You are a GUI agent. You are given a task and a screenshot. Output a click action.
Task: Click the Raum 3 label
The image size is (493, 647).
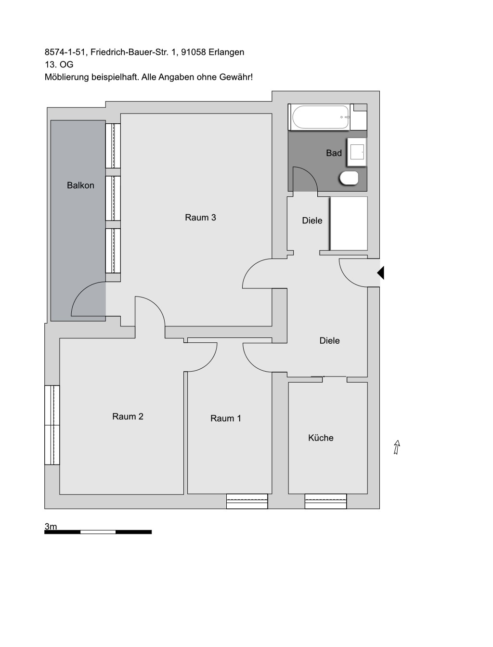(200, 218)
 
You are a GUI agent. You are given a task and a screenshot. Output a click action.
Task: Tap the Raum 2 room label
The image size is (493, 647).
(128, 416)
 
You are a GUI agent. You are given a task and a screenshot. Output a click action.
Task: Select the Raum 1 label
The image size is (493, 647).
(226, 418)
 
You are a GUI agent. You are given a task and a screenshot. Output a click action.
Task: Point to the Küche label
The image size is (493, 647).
(321, 438)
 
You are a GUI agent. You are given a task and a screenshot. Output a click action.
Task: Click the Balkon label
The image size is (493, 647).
(80, 185)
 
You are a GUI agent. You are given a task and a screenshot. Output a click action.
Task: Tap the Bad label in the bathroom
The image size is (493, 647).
(334, 153)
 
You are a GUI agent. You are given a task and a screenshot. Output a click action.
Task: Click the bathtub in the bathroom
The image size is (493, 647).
(320, 117)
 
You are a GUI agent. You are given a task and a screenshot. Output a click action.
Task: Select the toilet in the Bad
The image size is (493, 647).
(349, 178)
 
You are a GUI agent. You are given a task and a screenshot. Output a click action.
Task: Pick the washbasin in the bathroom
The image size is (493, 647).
(357, 152)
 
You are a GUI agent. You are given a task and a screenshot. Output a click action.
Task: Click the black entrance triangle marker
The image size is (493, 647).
(381, 272)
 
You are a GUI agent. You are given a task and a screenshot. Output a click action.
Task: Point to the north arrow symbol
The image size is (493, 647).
(397, 447)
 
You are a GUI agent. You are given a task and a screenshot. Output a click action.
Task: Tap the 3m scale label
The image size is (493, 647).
(51, 526)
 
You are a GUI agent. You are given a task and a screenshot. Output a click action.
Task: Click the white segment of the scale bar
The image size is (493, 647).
(98, 532)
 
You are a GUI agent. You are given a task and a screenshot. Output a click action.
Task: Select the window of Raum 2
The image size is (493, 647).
(52, 425)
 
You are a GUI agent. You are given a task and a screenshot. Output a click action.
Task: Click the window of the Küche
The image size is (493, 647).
(325, 502)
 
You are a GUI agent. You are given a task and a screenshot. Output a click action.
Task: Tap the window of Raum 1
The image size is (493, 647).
(247, 502)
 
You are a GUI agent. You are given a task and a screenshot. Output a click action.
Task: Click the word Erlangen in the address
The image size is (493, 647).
(226, 52)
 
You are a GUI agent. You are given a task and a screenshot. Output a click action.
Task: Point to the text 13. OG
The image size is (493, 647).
(59, 65)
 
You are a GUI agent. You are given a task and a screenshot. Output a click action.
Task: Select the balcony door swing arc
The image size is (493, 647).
(79, 290)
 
